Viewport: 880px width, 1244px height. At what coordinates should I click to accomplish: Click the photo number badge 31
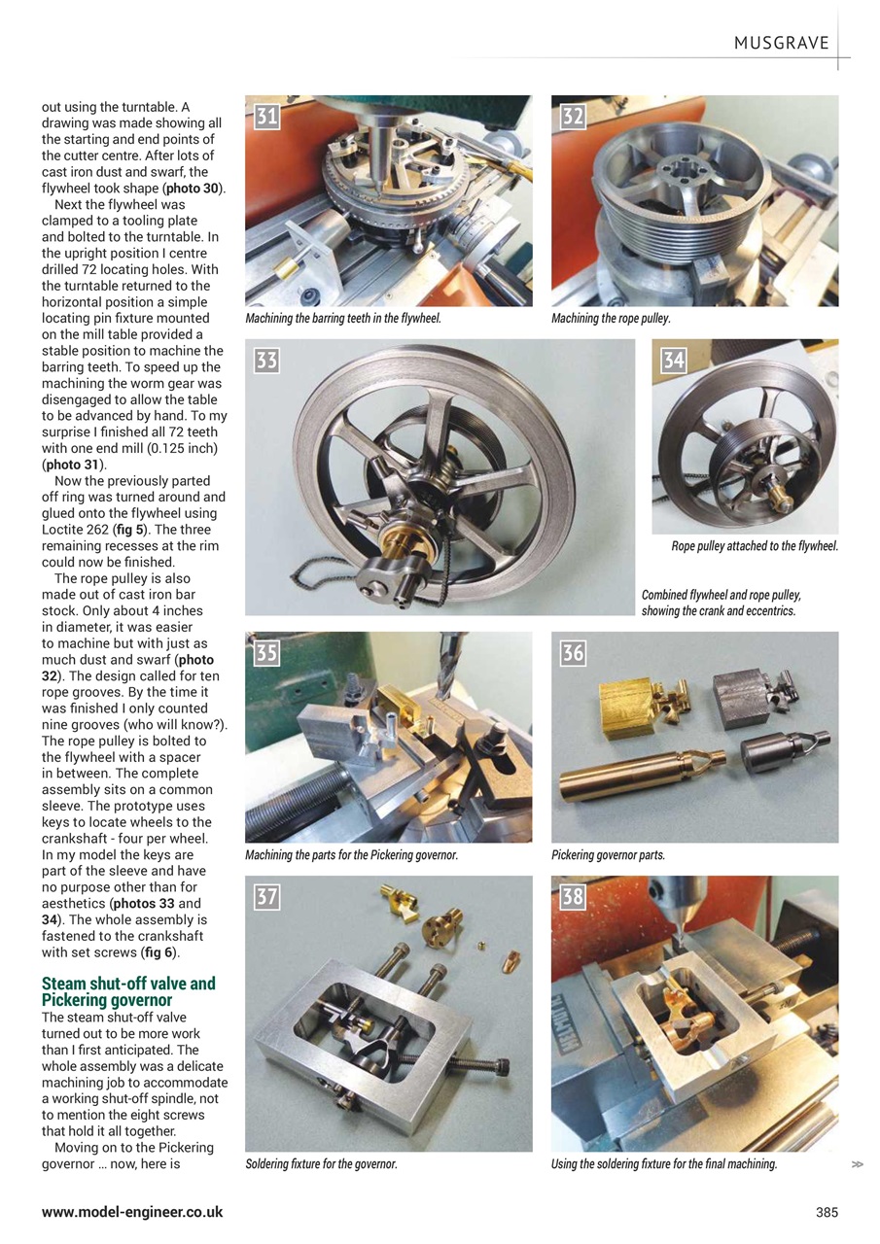pos(266,117)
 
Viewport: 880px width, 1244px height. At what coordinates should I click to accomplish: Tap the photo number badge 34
pos(673,361)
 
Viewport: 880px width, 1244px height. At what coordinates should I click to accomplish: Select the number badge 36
pos(573,653)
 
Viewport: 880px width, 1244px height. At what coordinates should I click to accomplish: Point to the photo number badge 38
pos(573,896)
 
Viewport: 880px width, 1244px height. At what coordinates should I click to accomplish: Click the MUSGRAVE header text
pos(781,43)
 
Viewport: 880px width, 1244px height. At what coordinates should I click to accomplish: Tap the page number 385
pos(827,1212)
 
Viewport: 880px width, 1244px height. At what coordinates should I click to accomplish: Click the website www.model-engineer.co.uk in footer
pos(132,1212)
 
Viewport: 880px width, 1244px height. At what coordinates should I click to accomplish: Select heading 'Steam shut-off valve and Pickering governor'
pos(128,991)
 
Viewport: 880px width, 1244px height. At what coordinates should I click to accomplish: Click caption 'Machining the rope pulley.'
pos(611,319)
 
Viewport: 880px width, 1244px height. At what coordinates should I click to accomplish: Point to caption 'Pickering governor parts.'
pos(608,855)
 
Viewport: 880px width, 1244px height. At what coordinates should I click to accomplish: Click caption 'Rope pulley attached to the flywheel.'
pos(755,546)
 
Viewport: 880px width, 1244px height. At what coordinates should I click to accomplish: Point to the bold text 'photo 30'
pos(194,189)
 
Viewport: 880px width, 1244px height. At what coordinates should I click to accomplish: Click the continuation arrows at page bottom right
pos(856,1164)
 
